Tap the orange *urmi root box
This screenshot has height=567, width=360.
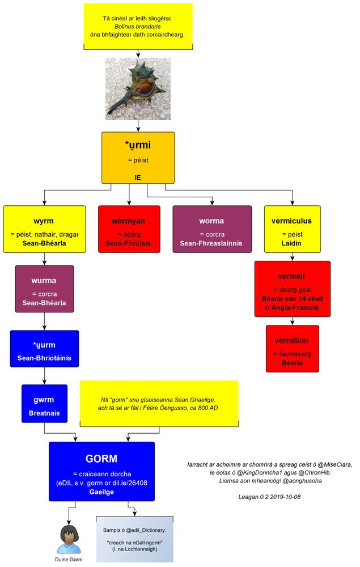coord(138,158)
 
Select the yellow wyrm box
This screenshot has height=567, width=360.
coord(44,229)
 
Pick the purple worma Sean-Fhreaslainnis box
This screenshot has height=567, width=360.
coord(211,229)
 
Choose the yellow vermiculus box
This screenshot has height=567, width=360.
coord(293,229)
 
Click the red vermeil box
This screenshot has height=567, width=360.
coord(293,289)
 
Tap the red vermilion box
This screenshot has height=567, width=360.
coord(293,348)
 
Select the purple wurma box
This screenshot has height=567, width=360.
coord(44,289)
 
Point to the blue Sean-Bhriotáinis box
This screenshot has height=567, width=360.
coord(44,350)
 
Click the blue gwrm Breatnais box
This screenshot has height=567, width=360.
coord(44,403)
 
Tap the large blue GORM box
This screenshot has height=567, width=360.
coord(101,471)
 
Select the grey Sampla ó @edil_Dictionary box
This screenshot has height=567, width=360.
coord(134,539)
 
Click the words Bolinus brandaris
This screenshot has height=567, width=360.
coord(138,26)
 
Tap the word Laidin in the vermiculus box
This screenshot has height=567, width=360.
coord(293,243)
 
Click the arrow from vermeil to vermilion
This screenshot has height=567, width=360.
coord(293,321)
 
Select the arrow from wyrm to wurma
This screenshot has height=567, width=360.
coord(44,259)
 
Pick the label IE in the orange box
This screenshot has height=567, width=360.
coord(138,177)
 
